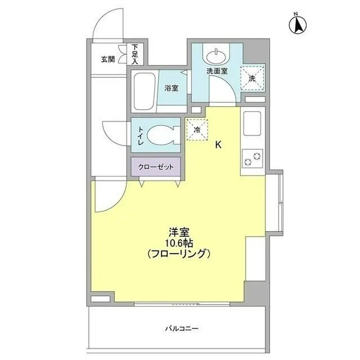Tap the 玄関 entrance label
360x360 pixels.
[x=108, y=59]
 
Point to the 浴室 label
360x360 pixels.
[x=171, y=89]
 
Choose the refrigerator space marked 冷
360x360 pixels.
[x=197, y=130]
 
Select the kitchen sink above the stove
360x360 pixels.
[x=253, y=126]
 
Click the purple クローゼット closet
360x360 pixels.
[x=155, y=167]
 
